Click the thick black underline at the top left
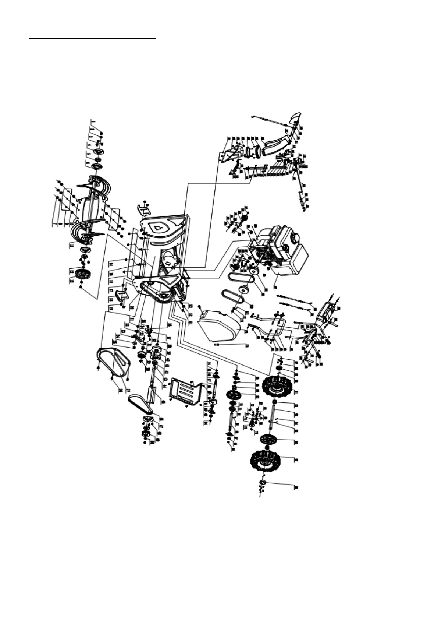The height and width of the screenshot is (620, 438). click(93, 38)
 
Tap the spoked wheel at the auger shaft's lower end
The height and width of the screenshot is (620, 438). click(82, 275)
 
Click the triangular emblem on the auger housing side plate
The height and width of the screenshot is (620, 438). click(159, 227)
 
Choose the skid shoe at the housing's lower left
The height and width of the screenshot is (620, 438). click(120, 296)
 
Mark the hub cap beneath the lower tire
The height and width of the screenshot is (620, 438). click(263, 483)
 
